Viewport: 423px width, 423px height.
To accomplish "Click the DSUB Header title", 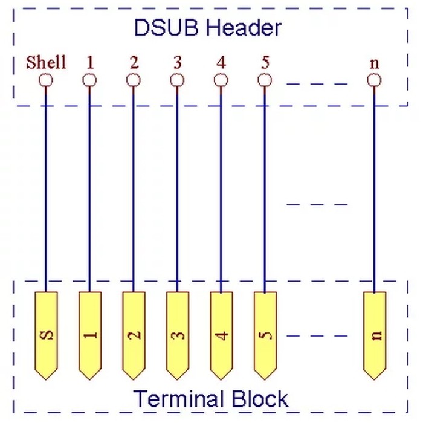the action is (208, 28).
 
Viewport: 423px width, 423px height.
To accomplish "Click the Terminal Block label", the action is (211, 398).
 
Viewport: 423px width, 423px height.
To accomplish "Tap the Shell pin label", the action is (46, 62).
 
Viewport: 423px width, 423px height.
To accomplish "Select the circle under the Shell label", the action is (45, 80).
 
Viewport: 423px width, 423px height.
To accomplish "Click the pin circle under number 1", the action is (89, 80).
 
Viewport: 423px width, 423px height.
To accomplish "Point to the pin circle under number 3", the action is (177, 80).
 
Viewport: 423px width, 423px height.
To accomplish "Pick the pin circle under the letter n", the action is (374, 80).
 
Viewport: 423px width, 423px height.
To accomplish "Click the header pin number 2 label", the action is (134, 63).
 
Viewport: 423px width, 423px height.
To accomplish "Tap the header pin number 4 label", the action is (221, 63).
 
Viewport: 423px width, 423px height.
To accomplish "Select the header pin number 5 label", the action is (265, 63).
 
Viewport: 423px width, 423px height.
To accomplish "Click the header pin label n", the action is (375, 63).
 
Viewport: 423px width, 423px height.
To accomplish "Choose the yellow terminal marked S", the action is (46, 335).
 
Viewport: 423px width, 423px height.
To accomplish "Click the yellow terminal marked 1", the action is (90, 335).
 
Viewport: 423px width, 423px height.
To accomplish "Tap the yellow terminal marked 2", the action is (134, 335).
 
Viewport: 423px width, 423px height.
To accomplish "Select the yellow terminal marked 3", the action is (178, 335).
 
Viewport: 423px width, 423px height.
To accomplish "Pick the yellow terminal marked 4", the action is (221, 335).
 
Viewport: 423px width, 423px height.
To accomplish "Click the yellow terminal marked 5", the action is (265, 335).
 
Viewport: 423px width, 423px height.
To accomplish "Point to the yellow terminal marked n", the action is (375, 335).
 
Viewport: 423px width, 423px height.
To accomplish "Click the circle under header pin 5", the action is (265, 80).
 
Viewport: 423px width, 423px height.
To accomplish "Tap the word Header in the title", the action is (244, 28).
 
